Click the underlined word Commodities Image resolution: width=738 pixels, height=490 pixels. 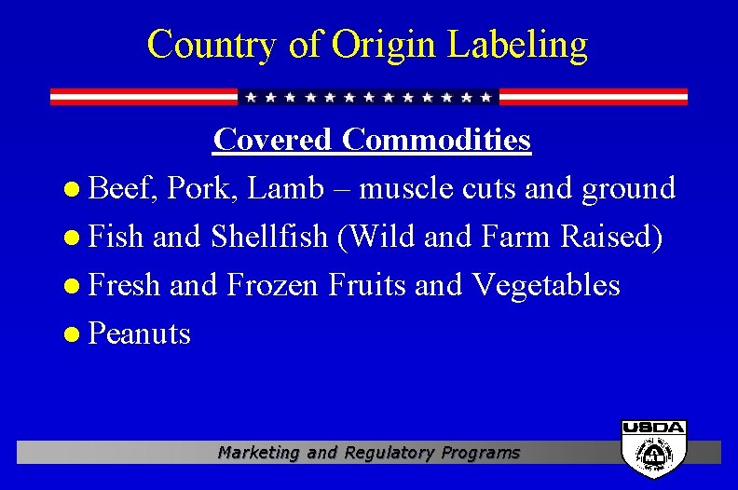(436, 140)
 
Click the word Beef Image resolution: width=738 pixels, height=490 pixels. (124, 189)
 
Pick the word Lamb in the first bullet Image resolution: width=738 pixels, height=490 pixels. (279, 189)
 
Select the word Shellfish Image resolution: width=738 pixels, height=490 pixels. (269, 237)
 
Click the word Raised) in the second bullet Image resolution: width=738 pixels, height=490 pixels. (611, 238)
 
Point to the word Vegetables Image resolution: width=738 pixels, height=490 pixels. (546, 286)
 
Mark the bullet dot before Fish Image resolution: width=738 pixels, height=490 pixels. (76, 238)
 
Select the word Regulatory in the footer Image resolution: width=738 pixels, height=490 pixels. (387, 453)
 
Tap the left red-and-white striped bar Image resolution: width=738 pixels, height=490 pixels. (143, 97)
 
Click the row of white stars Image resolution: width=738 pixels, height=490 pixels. (369, 97)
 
